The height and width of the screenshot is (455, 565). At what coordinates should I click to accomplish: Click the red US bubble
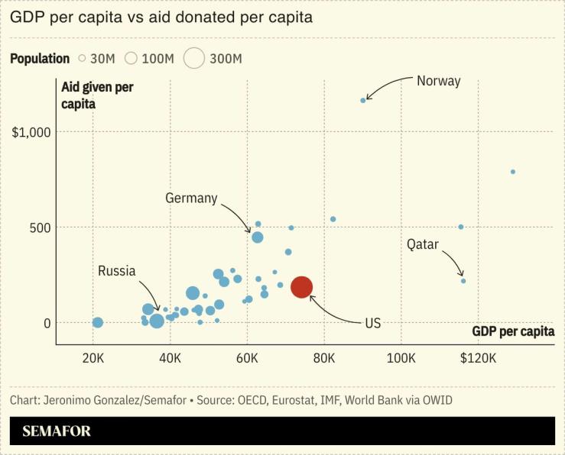click(x=301, y=286)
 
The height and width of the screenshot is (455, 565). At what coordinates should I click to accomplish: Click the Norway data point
click(x=363, y=100)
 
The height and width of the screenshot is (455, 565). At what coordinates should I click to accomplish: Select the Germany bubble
click(x=258, y=237)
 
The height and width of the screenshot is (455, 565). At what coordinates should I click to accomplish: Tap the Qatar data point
click(x=463, y=281)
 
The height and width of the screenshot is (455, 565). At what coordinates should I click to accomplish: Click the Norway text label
click(x=438, y=80)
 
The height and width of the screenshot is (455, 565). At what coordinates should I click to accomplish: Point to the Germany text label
click(x=191, y=198)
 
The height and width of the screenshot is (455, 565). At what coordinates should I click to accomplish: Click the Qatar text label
click(x=422, y=244)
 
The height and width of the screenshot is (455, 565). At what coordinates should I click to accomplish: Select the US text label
click(x=372, y=323)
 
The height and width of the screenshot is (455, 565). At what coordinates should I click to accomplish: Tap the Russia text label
click(x=116, y=271)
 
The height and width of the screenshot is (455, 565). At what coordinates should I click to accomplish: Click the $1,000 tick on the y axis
click(x=31, y=132)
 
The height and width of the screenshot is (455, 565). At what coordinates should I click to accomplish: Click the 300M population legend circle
click(x=194, y=58)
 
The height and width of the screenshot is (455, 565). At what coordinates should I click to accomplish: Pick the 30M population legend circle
click(x=82, y=58)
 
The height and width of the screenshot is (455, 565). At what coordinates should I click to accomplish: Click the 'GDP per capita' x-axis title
click(x=513, y=331)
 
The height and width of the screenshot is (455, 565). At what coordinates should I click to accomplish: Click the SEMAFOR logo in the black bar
click(x=57, y=431)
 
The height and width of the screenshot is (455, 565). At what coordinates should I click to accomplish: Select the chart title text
click(x=161, y=18)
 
